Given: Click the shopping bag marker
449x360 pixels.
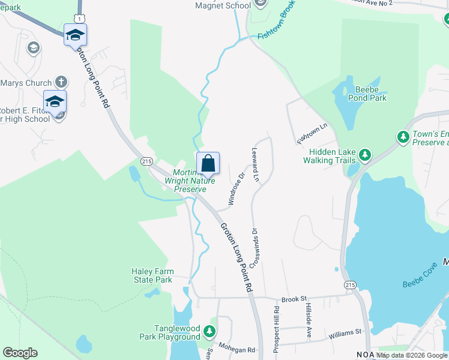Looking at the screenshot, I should pos(208,164).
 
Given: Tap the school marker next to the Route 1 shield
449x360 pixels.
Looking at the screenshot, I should pos(75,35).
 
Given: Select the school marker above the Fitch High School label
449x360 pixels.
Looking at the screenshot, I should pos(55,101).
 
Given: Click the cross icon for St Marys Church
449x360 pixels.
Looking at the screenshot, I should pos(61,82).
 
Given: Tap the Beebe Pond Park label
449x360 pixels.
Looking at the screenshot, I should pos(360,92).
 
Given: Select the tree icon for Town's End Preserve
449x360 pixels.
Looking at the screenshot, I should pos(403,137).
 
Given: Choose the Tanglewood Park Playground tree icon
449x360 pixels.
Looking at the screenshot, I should pos(209,331).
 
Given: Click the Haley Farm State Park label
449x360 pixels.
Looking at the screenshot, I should pos(152,275).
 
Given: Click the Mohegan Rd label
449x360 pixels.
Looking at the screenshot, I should pos(237,349).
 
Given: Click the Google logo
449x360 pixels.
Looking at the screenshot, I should pos(20,353).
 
